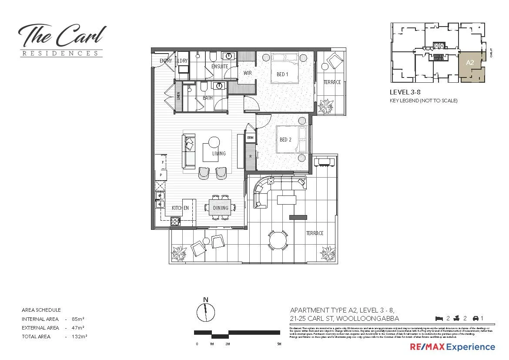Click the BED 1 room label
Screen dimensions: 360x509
[282, 74]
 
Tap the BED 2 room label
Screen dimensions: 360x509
[285, 140]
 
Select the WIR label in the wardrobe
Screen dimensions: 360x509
[248, 73]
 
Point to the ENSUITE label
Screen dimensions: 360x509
[220, 67]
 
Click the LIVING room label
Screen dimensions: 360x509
[219, 154]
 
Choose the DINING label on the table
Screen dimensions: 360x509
[221, 208]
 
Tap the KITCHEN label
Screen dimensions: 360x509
[180, 208]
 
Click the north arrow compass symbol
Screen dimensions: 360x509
[206, 311]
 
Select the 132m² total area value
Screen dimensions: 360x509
[80, 336]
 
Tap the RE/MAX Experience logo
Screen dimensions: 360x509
[452, 347]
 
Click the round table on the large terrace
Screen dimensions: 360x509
[278, 239]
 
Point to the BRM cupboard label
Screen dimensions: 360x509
[250, 138]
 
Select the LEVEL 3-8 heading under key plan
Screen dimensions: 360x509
[405, 92]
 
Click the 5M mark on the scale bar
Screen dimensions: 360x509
[279, 344]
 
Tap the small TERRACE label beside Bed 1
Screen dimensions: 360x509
[332, 82]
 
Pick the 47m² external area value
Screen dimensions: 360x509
[79, 328]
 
